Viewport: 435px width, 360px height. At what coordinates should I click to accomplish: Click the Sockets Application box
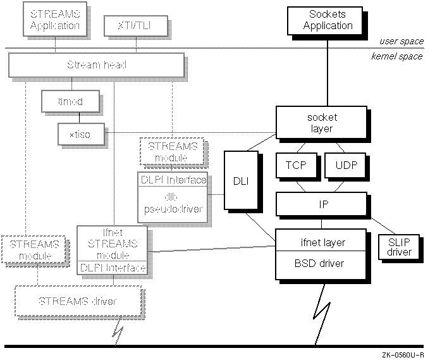(x=327, y=20)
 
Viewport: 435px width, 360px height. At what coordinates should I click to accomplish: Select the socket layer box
(x=321, y=123)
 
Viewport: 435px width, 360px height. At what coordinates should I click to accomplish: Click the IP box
(x=321, y=205)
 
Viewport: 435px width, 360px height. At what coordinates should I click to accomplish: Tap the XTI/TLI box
(x=131, y=26)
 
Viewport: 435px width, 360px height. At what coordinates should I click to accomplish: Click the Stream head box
(x=96, y=65)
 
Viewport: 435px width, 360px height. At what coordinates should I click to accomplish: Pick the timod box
(x=62, y=101)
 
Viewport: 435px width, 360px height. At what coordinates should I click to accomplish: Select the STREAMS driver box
(x=78, y=301)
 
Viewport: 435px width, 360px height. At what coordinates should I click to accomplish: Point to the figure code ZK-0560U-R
(x=402, y=355)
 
